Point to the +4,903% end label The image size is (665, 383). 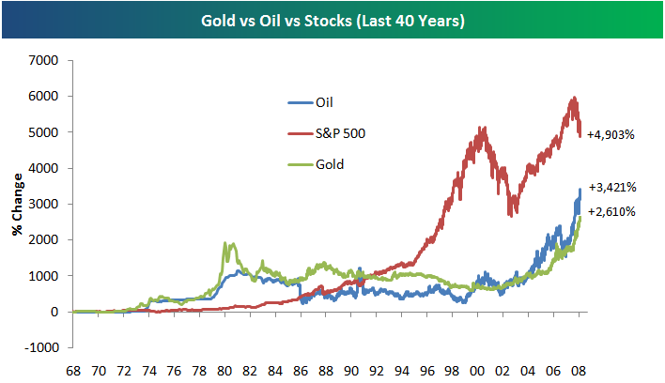tap(611, 135)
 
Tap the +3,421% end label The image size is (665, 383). tap(611, 186)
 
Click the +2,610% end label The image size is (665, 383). tap(611, 211)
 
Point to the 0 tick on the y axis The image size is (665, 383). tap(55, 312)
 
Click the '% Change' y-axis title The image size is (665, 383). tap(16, 204)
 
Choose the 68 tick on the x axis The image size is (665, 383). tap(73, 370)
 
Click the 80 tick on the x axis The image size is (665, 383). tap(224, 370)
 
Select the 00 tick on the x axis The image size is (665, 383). tap(477, 370)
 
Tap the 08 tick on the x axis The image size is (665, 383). tap(579, 370)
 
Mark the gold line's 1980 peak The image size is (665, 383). tap(224, 243)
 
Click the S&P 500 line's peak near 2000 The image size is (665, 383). tap(482, 128)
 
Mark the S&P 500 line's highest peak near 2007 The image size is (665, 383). tap(572, 98)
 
